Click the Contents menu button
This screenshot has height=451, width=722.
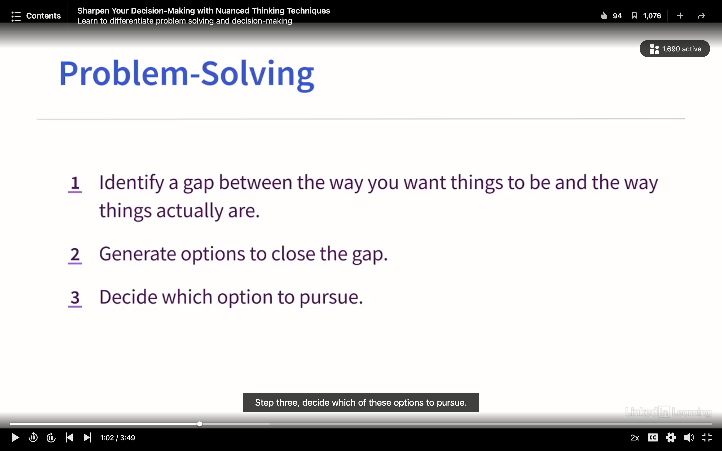pos(36,16)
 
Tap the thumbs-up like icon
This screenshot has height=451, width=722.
pos(604,16)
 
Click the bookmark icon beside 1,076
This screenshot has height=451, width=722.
pos(634,16)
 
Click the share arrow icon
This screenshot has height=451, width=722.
pos(701,16)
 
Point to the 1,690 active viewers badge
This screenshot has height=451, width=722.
pos(675,49)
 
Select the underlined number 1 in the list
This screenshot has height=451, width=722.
pos(75,184)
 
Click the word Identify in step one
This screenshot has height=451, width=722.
pos(132,183)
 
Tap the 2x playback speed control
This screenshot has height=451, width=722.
pos(635,437)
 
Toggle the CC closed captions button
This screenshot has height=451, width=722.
pos(653,437)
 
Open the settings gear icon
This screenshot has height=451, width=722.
pos(671,437)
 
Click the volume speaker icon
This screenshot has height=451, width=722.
pos(689,437)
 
